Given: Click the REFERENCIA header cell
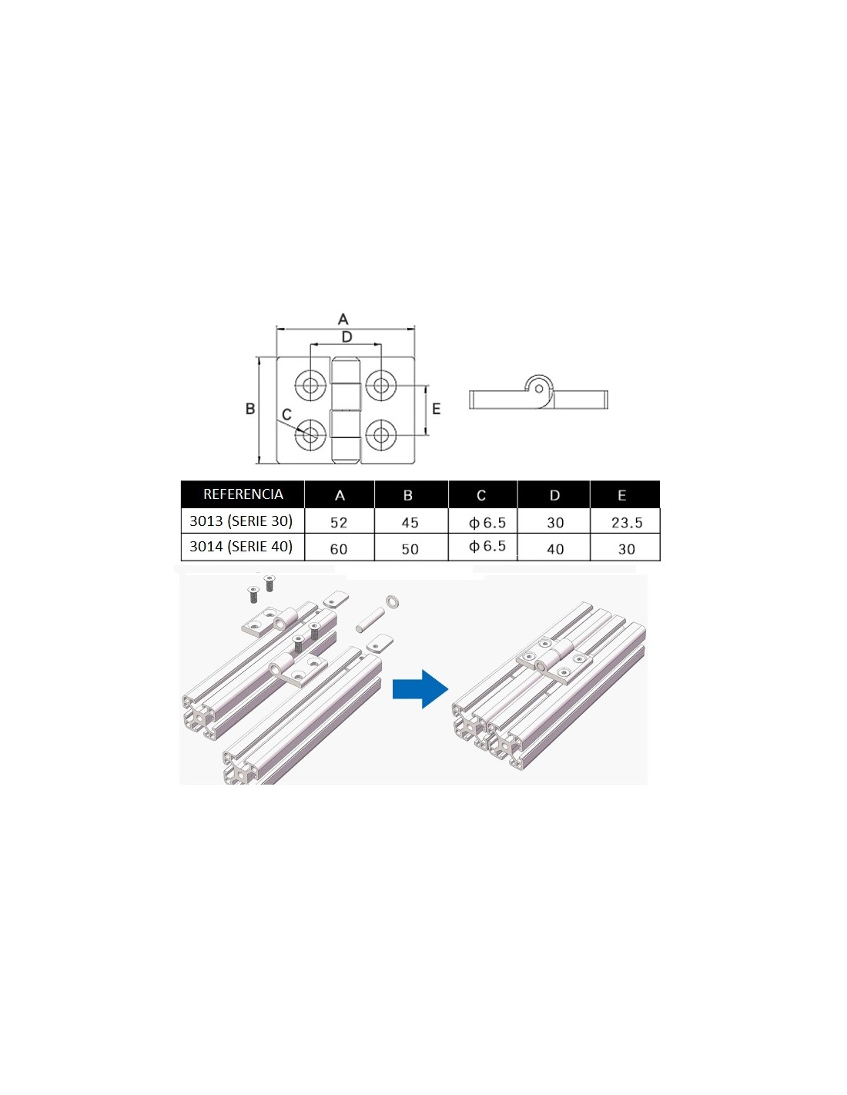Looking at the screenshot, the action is tap(243, 494).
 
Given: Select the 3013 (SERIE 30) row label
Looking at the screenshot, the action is tap(241, 521).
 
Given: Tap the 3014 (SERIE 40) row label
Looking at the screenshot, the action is tap(241, 546).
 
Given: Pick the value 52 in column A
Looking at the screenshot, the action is tap(339, 523).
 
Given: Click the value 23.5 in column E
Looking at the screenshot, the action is tap(627, 523).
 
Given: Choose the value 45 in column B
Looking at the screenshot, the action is tap(410, 523).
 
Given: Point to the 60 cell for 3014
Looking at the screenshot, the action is tap(339, 549).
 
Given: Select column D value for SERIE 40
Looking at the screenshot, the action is tap(555, 549).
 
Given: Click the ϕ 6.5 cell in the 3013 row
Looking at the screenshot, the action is tap(487, 523).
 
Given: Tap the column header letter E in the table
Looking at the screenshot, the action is tap(621, 495).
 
